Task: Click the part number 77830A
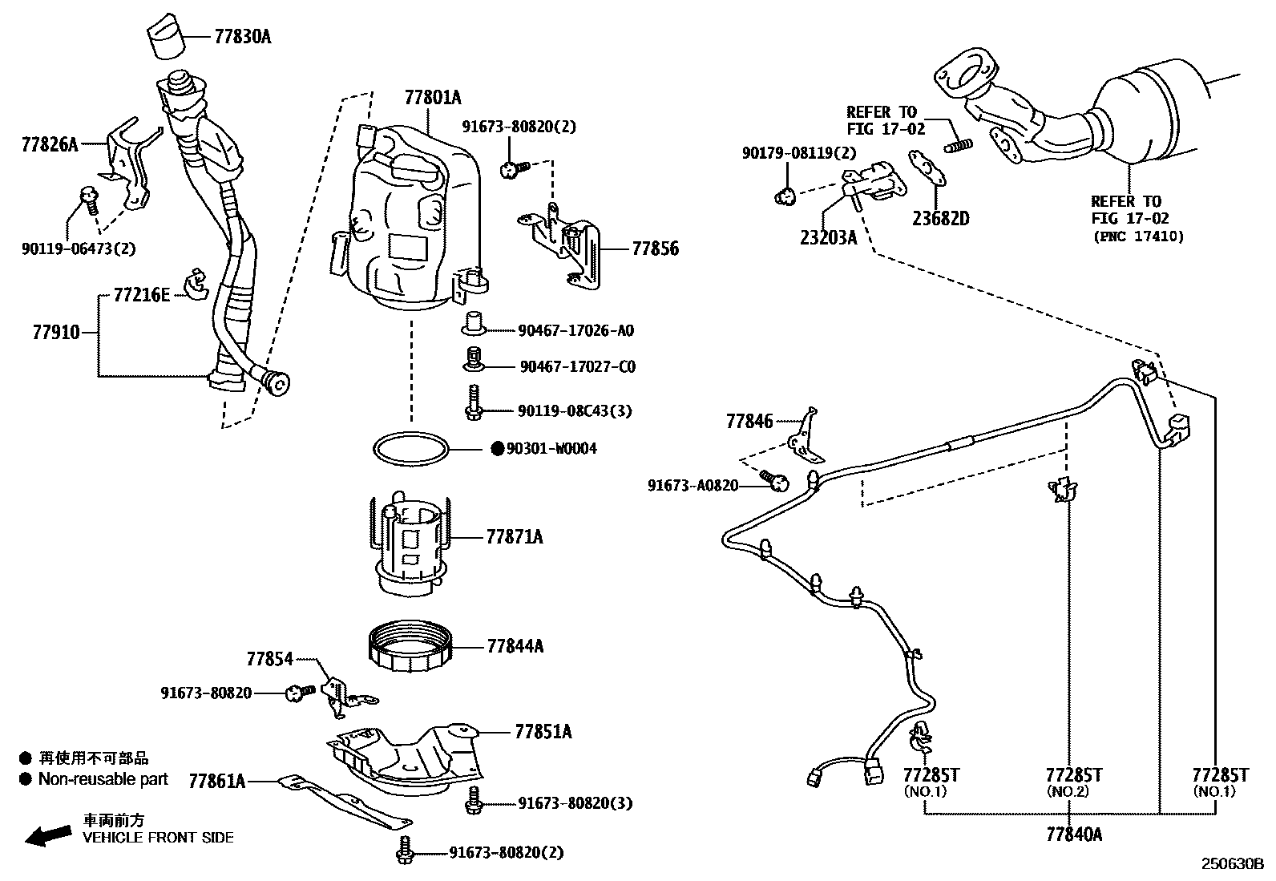[242, 36]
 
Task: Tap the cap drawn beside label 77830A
[166, 35]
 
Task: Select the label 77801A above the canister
[433, 98]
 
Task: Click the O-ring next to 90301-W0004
[410, 448]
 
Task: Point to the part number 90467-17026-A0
[575, 330]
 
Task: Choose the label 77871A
[514, 537]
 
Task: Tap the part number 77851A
[543, 731]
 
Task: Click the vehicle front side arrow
[48, 835]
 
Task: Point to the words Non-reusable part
[103, 778]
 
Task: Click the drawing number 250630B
[1231, 864]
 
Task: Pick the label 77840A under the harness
[1073, 835]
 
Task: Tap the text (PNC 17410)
[1137, 236]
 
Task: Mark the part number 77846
[749, 421]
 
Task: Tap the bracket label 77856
[655, 249]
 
